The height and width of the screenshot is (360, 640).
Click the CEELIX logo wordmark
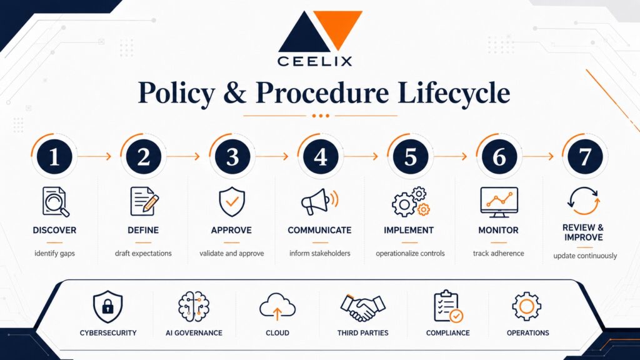pyautogui.click(x=314, y=61)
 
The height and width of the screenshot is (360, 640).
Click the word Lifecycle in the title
pyautogui.click(x=454, y=93)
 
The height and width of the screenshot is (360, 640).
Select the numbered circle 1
pyautogui.click(x=54, y=156)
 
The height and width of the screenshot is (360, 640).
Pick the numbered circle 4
pyautogui.click(x=321, y=156)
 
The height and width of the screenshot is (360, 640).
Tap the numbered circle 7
pyautogui.click(x=585, y=156)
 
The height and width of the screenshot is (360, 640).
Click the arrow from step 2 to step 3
pyautogui.click(x=183, y=156)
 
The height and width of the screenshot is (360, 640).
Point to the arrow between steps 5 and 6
pyautogui.click(x=450, y=156)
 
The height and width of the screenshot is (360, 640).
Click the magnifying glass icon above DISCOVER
pyautogui.click(x=56, y=202)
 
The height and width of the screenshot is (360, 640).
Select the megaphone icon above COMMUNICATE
pyautogui.click(x=319, y=201)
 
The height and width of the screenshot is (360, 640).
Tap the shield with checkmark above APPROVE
pyautogui.click(x=232, y=202)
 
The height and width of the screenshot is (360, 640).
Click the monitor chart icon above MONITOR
pyautogui.click(x=499, y=202)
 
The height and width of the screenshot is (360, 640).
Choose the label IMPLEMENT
pyautogui.click(x=409, y=230)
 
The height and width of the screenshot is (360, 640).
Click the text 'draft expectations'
pyautogui.click(x=143, y=254)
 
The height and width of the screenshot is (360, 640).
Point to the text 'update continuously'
pyautogui.click(x=585, y=256)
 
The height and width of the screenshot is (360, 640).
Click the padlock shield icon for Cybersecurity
pyautogui.click(x=107, y=306)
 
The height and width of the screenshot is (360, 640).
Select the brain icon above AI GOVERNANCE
pyautogui.click(x=194, y=306)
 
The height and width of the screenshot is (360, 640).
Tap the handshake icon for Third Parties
pyautogui.click(x=363, y=307)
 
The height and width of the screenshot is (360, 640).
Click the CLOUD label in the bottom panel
pyautogui.click(x=277, y=333)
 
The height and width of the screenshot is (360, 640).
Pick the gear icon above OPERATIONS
pyautogui.click(x=526, y=306)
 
